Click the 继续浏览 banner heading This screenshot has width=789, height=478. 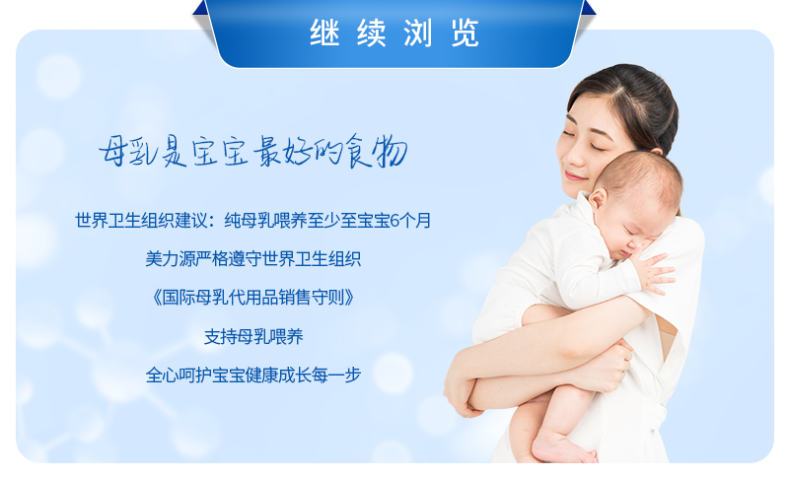point(394,34)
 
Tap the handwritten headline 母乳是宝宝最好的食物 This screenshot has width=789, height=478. point(252,151)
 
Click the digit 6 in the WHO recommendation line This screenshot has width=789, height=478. point(394,221)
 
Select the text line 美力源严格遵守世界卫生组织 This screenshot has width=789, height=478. point(253,259)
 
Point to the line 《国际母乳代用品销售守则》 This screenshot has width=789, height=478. point(253,298)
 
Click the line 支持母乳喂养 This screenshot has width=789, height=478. point(253,336)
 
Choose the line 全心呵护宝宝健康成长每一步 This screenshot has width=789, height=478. point(253,375)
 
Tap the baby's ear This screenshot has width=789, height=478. point(598,199)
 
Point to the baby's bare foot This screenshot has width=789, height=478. point(562,447)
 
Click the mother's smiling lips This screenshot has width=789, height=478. point(575,175)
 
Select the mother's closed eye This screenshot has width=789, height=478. point(598,147)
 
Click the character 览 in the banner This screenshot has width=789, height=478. point(465,34)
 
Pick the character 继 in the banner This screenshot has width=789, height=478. point(324,34)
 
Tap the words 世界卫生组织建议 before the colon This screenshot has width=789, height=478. point(141,221)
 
